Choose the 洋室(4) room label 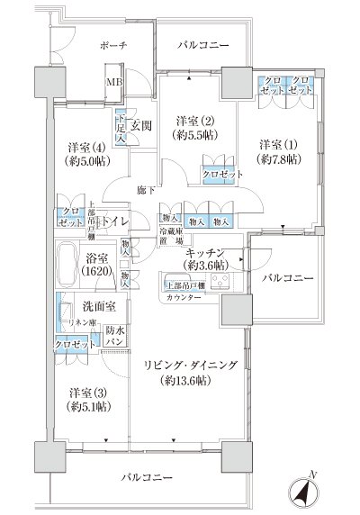[x=87, y=147]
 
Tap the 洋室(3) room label [x=86, y=393]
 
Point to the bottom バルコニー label [x=144, y=475]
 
